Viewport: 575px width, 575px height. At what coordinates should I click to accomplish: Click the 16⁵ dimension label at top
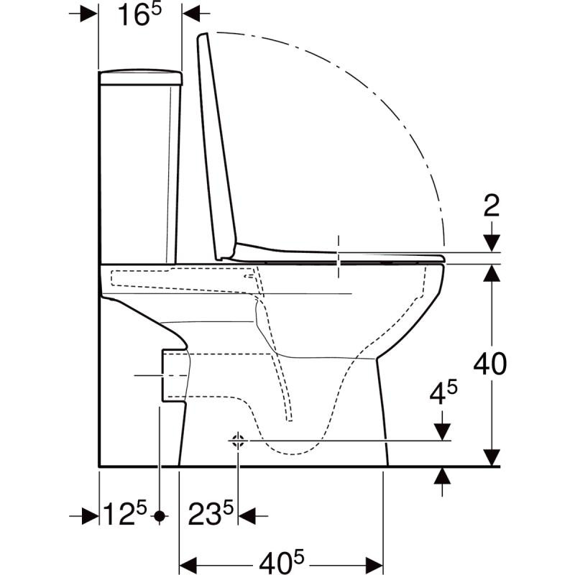(x=139, y=15)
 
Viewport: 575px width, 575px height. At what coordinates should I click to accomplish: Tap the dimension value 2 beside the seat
(x=490, y=208)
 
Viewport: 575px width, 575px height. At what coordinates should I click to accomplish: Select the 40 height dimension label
(x=490, y=365)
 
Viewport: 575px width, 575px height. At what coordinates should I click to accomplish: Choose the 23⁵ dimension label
(x=210, y=515)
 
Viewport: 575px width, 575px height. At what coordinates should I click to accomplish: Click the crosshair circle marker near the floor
(x=237, y=441)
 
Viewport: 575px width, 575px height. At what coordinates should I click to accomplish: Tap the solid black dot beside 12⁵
(x=160, y=515)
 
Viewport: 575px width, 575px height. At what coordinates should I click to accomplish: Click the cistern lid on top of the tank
(x=140, y=77)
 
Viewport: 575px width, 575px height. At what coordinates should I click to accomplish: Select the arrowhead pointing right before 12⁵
(x=90, y=515)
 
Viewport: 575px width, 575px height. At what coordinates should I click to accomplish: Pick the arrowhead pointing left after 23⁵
(x=247, y=515)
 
